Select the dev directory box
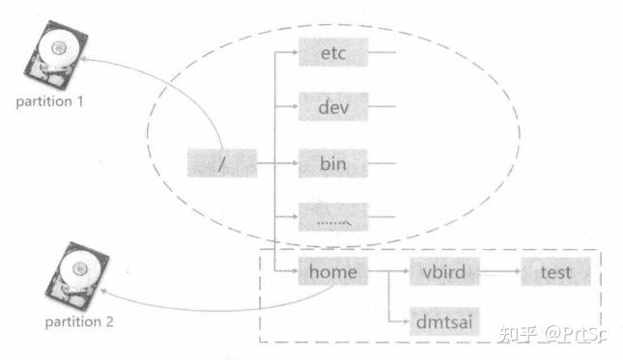pyautogui.click(x=333, y=107)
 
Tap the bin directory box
pyautogui.click(x=333, y=164)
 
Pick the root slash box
pyautogui.click(x=221, y=164)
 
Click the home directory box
pyautogui.click(x=333, y=272)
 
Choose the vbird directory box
pyautogui.click(x=444, y=272)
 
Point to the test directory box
pyautogui.click(x=555, y=272)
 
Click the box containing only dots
pyautogui.click(x=333, y=218)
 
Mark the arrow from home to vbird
pyautogui.click(x=386, y=272)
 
